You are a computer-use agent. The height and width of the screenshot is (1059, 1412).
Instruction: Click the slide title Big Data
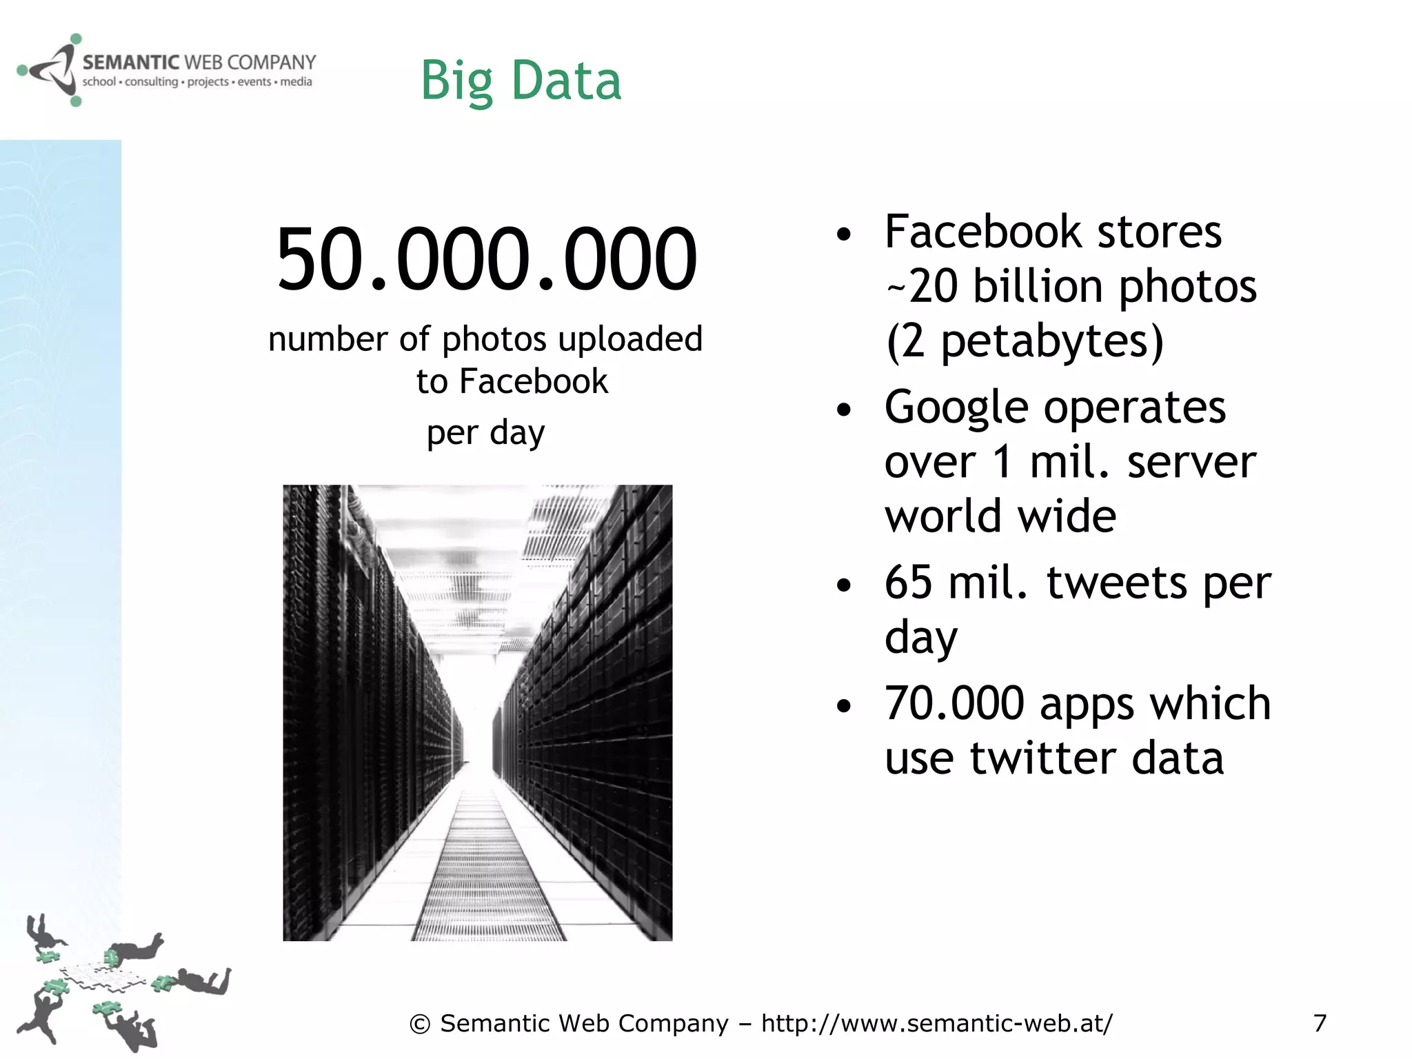[521, 81]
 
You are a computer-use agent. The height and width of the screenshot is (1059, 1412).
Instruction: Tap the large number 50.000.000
[486, 259]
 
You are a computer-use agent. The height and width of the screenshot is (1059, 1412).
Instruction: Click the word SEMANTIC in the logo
[131, 63]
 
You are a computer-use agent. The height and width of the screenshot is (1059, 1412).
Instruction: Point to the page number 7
[1320, 1023]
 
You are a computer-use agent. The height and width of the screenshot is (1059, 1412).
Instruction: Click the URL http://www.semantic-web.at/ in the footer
[936, 1024]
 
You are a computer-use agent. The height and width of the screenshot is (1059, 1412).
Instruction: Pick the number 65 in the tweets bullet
[908, 583]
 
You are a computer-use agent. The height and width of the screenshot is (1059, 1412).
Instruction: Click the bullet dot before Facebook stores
[844, 234]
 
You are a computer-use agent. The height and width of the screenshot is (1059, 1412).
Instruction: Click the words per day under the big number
[485, 434]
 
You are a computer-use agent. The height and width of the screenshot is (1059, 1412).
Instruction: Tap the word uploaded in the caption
[630, 339]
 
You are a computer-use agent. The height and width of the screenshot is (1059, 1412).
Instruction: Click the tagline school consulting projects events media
[197, 82]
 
